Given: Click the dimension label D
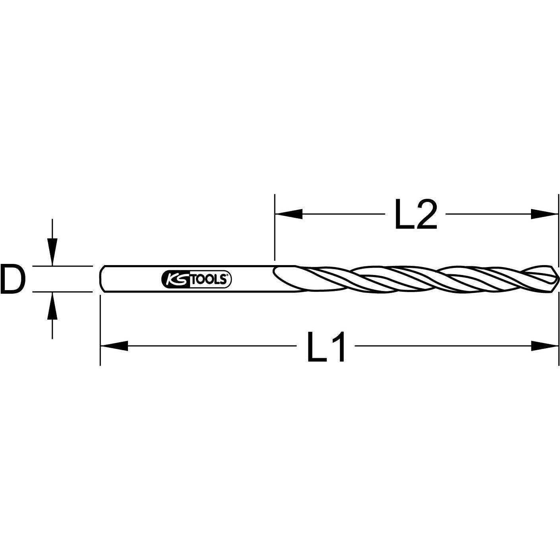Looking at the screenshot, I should [x=13, y=279].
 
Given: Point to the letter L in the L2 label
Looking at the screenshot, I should [x=404, y=214].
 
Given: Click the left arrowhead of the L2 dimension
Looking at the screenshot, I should [x=288, y=214].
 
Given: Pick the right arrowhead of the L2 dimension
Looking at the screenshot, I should [x=544, y=214].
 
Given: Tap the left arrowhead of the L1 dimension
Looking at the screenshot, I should [x=114, y=346].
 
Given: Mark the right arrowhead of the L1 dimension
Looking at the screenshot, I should [x=544, y=346].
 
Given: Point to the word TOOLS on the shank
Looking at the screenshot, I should [x=209, y=280].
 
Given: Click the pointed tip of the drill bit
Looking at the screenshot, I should [x=557, y=279].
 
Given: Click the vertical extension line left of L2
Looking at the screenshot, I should [x=275, y=227].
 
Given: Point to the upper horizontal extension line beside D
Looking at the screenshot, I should [x=62, y=266].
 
